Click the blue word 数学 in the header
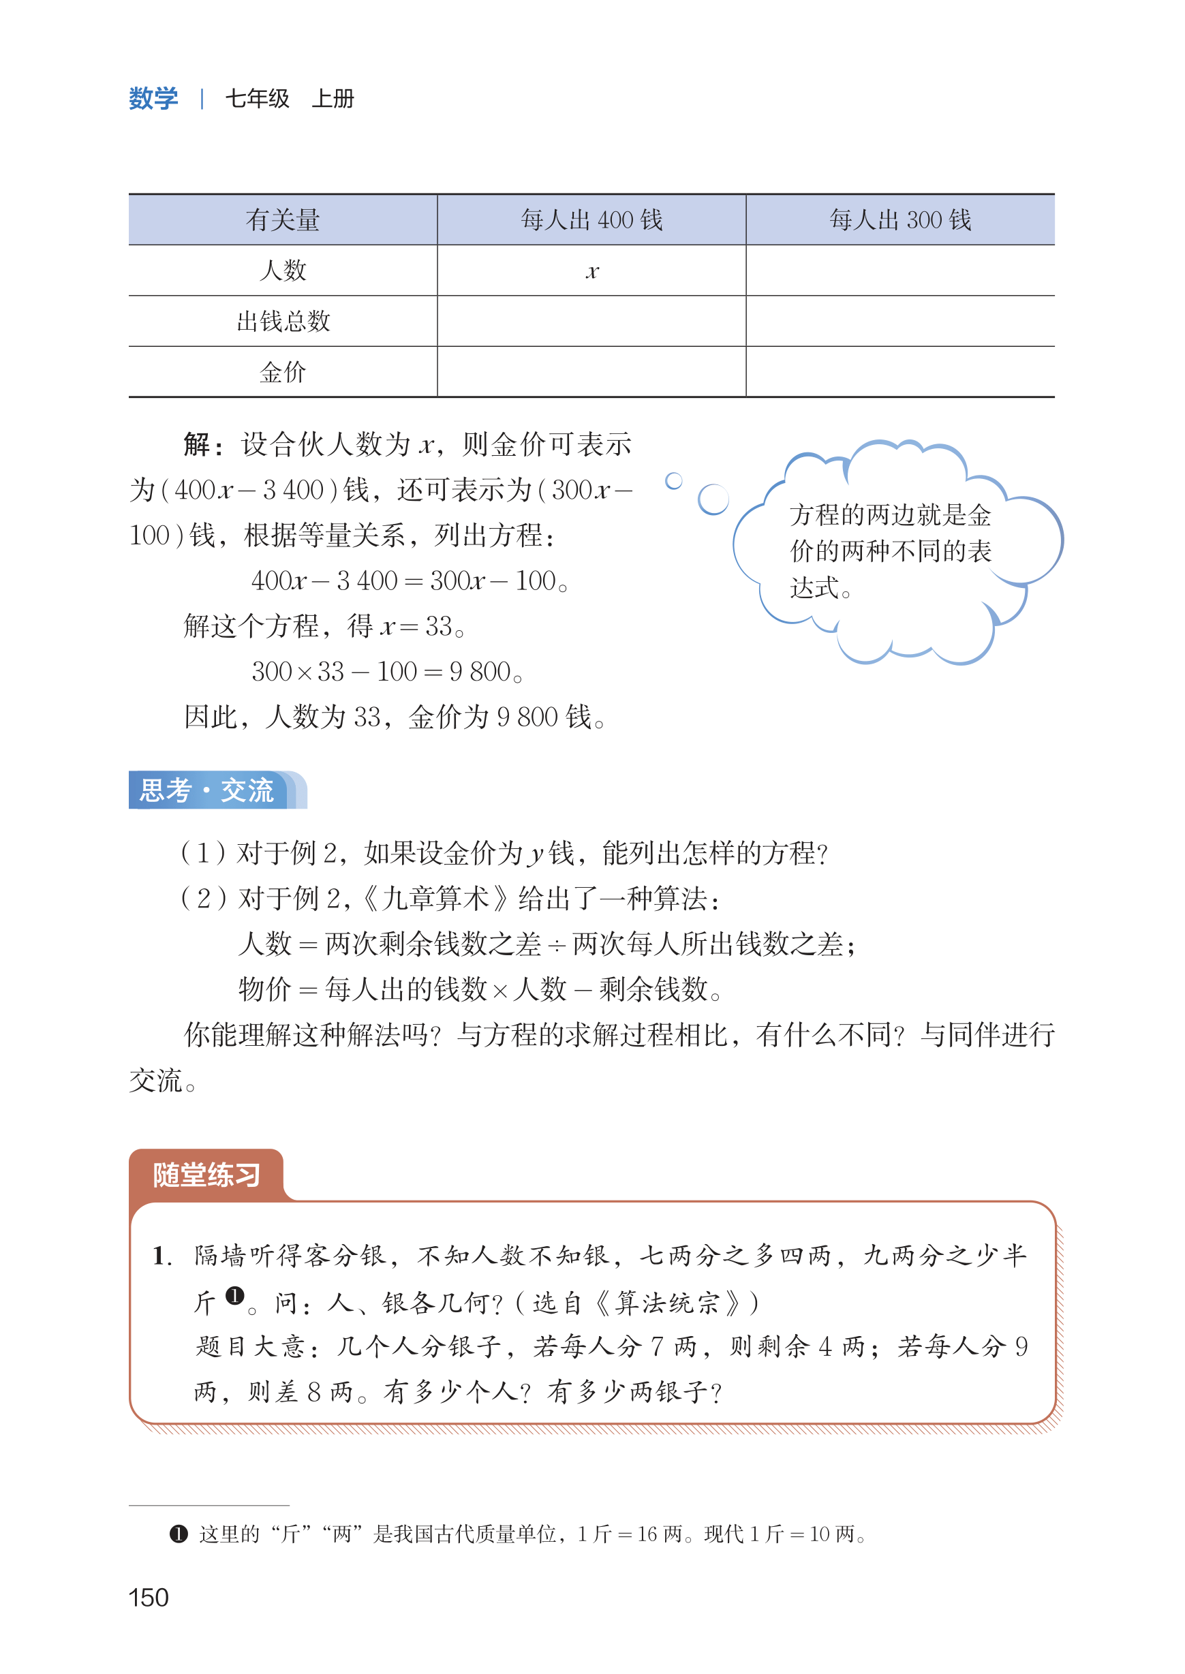pyautogui.click(x=153, y=99)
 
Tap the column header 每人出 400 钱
pyautogui.click(x=591, y=219)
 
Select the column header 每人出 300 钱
pyautogui.click(x=899, y=219)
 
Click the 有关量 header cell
pyautogui.click(x=282, y=219)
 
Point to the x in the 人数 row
pyautogui.click(x=591, y=272)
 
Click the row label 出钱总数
pyautogui.click(x=283, y=321)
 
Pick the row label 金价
pyautogui.click(x=282, y=372)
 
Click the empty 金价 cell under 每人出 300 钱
pyautogui.click(x=899, y=372)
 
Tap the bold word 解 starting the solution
pyautogui.click(x=197, y=444)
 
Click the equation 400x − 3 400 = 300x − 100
pyautogui.click(x=410, y=580)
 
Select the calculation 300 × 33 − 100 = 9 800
pyautogui.click(x=387, y=671)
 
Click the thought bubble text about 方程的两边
pyautogui.click(x=890, y=551)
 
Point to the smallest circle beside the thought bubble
pyautogui.click(x=673, y=481)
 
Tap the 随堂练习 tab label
pyautogui.click(x=206, y=1175)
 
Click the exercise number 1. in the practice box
pyautogui.click(x=162, y=1256)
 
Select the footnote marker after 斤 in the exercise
pyautogui.click(x=234, y=1295)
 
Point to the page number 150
pyautogui.click(x=149, y=1598)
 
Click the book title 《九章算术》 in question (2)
pyautogui.click(x=435, y=898)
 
